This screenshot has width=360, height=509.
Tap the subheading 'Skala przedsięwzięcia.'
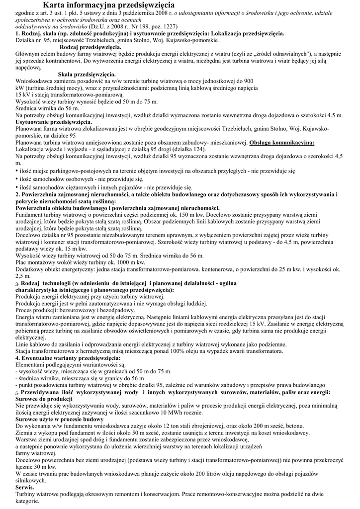[x=80, y=74]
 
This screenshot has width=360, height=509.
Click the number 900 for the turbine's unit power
[x=248, y=81]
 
